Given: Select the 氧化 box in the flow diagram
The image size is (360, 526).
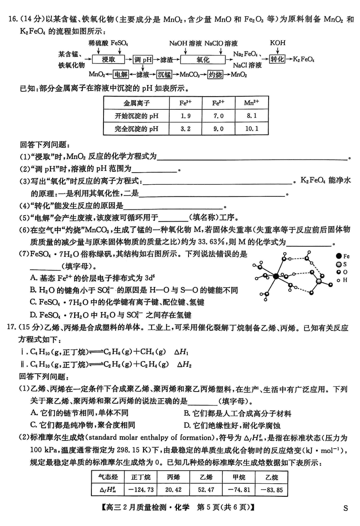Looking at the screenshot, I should tap(202, 59).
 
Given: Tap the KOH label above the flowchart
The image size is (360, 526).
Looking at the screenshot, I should tap(278, 43).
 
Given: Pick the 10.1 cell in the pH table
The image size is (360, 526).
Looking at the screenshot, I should tap(252, 129).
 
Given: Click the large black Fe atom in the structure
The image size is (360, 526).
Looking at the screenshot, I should tap(274, 275).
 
